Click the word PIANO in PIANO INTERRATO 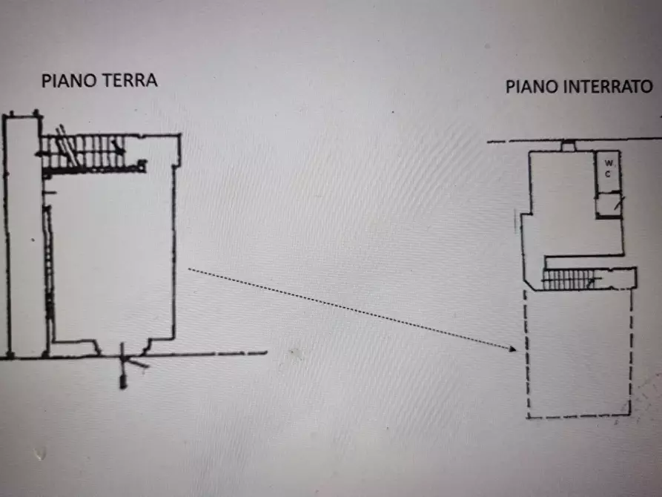[x=531, y=87]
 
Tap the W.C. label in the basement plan [x=608, y=167]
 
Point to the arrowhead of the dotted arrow [x=511, y=348]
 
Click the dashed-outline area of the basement [x=579, y=352]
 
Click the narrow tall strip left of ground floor [x=23, y=237]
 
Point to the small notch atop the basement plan [x=568, y=147]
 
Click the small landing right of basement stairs [x=619, y=278]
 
